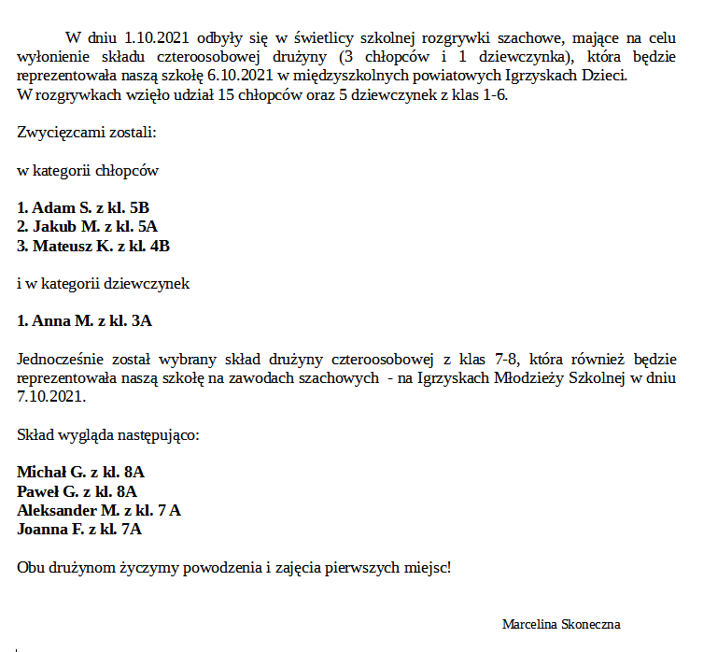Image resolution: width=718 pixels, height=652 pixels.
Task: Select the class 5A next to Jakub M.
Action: [147, 227]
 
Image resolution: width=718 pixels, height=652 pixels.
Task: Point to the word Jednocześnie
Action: [58, 359]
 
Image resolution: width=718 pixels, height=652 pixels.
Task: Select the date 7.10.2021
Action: [51, 396]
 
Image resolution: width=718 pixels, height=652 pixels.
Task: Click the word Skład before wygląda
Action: [35, 434]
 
